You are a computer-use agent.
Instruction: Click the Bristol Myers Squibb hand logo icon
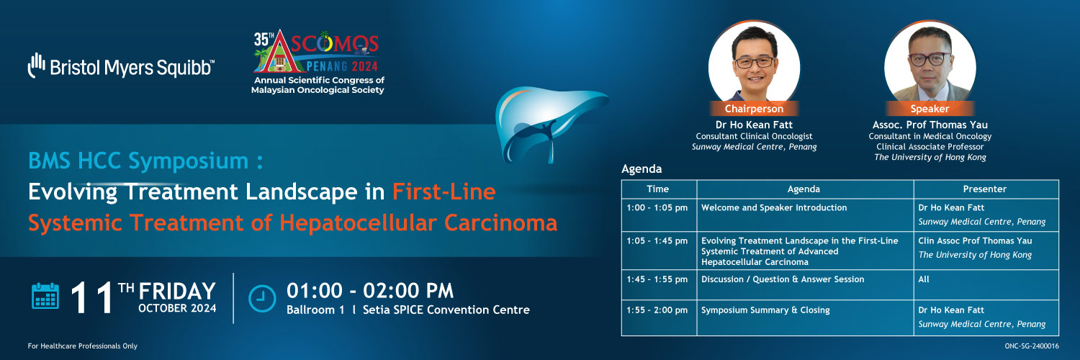pyautogui.click(x=36, y=65)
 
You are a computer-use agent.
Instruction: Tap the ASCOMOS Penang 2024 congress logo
pyautogui.click(x=318, y=62)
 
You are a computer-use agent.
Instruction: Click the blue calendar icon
pyautogui.click(x=45, y=295)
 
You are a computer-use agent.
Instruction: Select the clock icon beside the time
pyautogui.click(x=262, y=298)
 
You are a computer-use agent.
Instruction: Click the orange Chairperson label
pyautogui.click(x=754, y=109)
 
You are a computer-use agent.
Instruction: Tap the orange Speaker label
pyautogui.click(x=930, y=109)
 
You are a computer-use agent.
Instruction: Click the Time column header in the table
pyautogui.click(x=659, y=189)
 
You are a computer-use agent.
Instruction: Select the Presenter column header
pyautogui.click(x=986, y=189)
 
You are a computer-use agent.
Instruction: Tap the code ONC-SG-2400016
pyautogui.click(x=1031, y=346)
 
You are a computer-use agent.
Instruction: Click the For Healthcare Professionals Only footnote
pyautogui.click(x=83, y=346)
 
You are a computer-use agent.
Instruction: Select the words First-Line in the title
pyautogui.click(x=444, y=192)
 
